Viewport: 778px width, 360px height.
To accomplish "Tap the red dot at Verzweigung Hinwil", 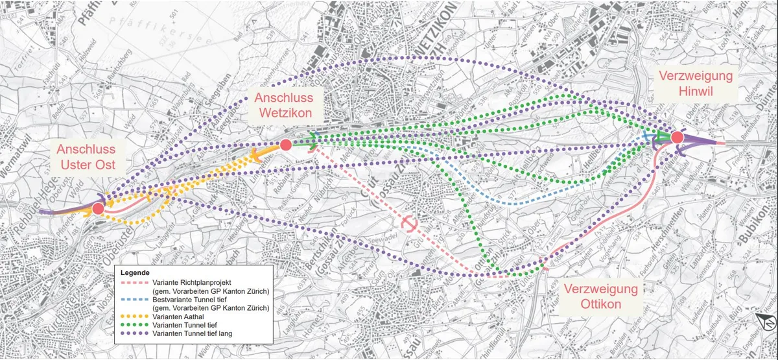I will [677, 138].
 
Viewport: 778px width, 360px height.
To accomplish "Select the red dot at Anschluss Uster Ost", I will [97, 208].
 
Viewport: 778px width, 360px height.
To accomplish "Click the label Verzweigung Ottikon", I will [600, 296].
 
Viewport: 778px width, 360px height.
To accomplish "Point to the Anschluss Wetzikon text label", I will [284, 106].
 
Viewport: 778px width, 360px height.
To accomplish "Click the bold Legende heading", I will [136, 273].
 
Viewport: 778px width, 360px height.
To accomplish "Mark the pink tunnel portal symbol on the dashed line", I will [409, 223].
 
